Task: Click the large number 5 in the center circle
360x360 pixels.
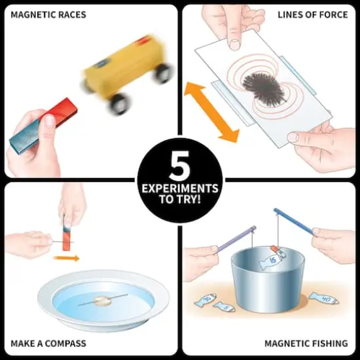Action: [179, 167]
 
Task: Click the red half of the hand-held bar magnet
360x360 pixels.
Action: [60, 115]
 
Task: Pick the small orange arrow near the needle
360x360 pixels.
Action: [66, 258]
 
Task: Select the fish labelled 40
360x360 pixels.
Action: [325, 300]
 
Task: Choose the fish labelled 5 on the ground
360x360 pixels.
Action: [224, 306]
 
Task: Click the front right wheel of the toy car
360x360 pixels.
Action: [162, 73]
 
